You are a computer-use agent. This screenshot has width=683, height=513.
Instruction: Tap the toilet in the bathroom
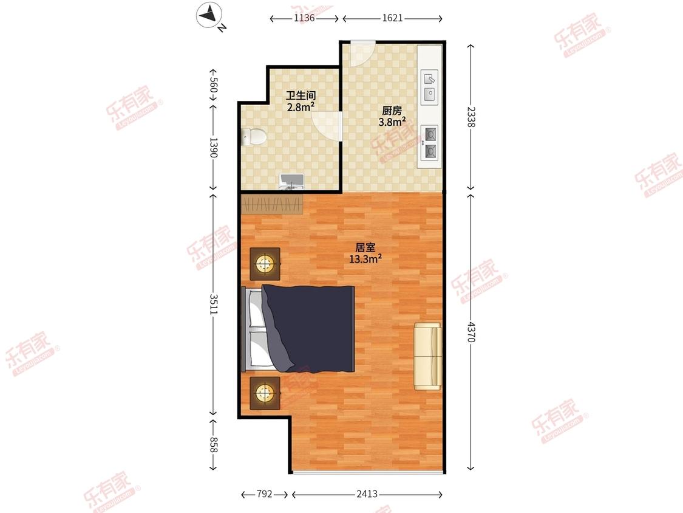pyautogui.click(x=254, y=137)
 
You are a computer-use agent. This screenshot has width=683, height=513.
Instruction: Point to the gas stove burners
pyautogui.click(x=430, y=142)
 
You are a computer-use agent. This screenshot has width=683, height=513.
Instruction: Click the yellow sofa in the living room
pyautogui.click(x=428, y=356)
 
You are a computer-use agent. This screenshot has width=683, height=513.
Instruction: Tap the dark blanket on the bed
pyautogui.click(x=308, y=328)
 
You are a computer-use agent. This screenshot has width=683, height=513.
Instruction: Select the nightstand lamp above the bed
pyautogui.click(x=265, y=263)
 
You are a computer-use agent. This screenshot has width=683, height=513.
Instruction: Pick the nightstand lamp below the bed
pyautogui.click(x=265, y=393)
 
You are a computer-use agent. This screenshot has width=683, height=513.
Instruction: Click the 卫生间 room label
pyautogui.click(x=301, y=95)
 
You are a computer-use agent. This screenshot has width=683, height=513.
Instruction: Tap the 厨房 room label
pyautogui.click(x=392, y=111)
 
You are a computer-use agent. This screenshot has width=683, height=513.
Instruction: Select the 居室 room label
pyautogui.click(x=365, y=248)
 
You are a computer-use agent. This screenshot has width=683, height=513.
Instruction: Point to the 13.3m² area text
pyautogui.click(x=365, y=259)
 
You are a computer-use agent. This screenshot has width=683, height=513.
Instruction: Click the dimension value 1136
pyautogui.click(x=304, y=18)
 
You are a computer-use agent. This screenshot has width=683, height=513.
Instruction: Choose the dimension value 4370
pyautogui.click(x=471, y=331)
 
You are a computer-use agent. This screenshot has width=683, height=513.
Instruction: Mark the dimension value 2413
pyautogui.click(x=367, y=494)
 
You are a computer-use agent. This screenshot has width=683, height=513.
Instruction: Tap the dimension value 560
pyautogui.click(x=214, y=84)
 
